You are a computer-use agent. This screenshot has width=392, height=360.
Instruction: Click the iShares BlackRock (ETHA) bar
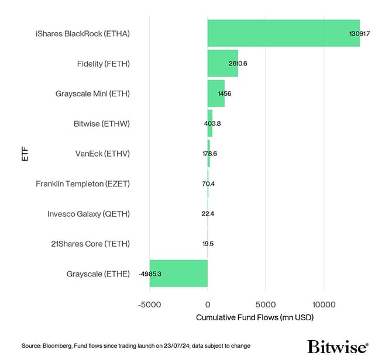(283, 33)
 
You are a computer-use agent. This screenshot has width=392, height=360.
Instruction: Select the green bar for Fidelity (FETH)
(222, 63)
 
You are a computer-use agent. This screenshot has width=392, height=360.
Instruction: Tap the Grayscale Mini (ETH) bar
(216, 94)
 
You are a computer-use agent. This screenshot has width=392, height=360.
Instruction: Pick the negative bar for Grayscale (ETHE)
(178, 274)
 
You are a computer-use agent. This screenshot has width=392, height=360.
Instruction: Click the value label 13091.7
(360, 34)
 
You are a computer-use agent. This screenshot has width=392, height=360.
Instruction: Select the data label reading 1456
(224, 94)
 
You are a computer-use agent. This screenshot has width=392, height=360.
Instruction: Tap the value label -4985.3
(150, 274)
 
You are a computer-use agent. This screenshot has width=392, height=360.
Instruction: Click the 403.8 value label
(211, 123)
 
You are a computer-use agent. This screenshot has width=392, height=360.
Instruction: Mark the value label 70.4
(208, 184)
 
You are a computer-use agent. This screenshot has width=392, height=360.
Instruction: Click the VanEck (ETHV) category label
(102, 154)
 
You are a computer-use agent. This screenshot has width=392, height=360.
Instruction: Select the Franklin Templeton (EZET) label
(82, 184)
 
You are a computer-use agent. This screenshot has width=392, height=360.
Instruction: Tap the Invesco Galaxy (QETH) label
(88, 214)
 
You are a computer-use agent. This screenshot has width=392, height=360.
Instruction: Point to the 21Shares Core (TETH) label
(90, 244)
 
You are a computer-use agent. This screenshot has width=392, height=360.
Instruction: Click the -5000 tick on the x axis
(150, 305)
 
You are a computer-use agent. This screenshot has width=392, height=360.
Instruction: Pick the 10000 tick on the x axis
(323, 305)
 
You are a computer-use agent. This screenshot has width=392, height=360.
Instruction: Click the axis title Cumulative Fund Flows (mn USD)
(255, 317)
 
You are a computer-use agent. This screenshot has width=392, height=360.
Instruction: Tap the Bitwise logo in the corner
(338, 346)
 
